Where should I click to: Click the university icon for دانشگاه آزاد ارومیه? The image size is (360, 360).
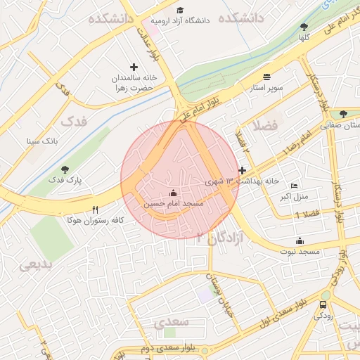coord(181,11)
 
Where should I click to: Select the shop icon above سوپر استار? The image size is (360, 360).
coord(266,77)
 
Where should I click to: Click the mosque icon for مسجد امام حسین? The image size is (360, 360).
coord(174,193)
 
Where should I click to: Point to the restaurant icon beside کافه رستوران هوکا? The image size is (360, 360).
coord(96,210)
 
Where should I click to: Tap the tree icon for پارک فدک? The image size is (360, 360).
coord(65,169)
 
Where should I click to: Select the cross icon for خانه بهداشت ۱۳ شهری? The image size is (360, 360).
coord(243,170)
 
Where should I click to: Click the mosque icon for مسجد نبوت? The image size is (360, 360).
coord(300,240)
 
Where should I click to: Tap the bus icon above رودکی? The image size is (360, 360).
coord(323,305)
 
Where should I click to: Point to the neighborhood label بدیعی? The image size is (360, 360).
coord(34,265)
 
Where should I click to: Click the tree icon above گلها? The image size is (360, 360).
coord(304,27)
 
